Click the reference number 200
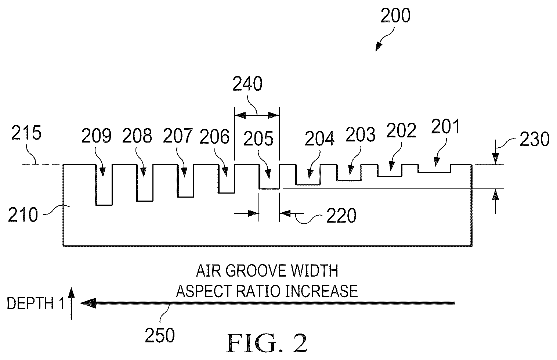click(x=395, y=15)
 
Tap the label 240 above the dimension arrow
click(x=247, y=84)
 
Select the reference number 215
click(x=26, y=133)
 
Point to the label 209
click(x=96, y=136)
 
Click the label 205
click(x=258, y=138)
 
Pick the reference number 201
click(x=446, y=126)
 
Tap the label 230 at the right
click(x=534, y=139)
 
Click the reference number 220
click(x=341, y=216)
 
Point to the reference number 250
click(x=160, y=335)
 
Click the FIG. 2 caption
click(x=267, y=343)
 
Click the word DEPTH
click(x=30, y=303)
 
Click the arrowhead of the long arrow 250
click(x=88, y=303)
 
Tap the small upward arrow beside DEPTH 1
click(x=71, y=303)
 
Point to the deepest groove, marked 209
click(x=104, y=185)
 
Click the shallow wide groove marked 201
click(x=434, y=169)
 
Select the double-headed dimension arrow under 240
click(x=257, y=115)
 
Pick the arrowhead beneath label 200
click(x=378, y=47)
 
